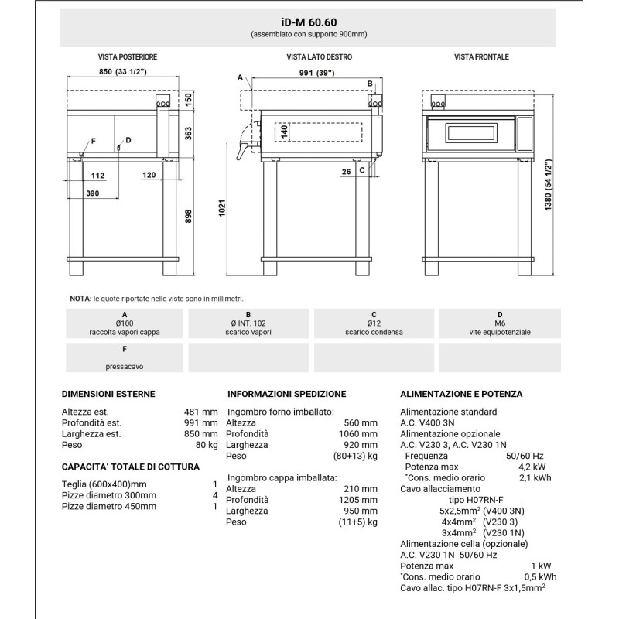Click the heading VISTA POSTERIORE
point(128,57)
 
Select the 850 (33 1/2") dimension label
point(124,73)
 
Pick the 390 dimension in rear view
point(93,192)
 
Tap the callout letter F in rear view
point(94,140)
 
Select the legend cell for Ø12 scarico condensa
point(374,323)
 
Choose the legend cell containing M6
point(500,323)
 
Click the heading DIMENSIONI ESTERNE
point(108,394)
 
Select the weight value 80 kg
point(207,445)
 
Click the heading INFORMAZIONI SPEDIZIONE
point(287,394)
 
